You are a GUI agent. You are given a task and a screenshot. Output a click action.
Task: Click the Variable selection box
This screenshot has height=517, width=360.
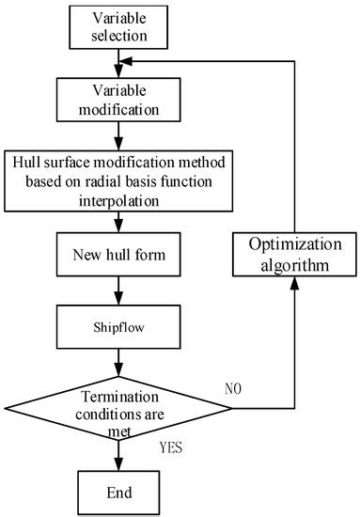pos(117,27)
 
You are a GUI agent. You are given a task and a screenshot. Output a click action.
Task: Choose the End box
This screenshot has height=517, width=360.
pos(117,491)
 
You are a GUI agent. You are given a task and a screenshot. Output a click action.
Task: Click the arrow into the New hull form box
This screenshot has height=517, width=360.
pos(117,224)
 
